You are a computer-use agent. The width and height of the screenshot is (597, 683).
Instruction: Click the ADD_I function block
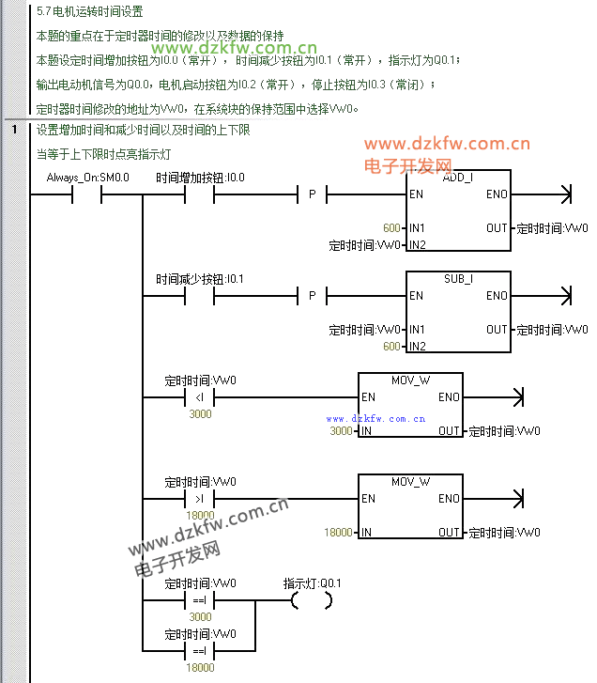point(458,210)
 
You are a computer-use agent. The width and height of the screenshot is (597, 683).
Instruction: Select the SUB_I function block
point(458,312)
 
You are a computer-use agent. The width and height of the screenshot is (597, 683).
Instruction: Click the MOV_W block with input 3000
point(410,405)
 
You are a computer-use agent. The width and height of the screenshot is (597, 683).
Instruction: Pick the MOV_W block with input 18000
point(410,506)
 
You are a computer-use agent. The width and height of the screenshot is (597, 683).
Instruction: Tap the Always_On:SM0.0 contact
point(86,194)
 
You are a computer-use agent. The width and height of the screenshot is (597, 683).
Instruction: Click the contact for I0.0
point(199,194)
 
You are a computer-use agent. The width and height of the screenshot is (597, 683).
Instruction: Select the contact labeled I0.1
point(199,296)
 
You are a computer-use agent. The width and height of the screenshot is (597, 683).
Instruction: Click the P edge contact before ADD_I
point(312,194)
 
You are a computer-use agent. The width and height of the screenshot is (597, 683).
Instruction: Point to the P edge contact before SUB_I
point(312,296)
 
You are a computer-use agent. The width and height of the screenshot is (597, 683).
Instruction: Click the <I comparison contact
point(199,397)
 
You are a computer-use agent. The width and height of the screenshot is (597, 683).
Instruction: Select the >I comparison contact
point(199,499)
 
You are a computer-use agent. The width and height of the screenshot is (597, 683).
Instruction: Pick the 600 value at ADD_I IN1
point(391,228)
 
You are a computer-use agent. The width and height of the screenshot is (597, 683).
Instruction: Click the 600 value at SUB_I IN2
point(391,347)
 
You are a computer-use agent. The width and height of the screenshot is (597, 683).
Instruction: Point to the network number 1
point(15,130)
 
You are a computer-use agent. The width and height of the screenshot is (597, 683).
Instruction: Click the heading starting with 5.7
point(89,13)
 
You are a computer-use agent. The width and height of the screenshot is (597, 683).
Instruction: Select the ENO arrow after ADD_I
point(563,194)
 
